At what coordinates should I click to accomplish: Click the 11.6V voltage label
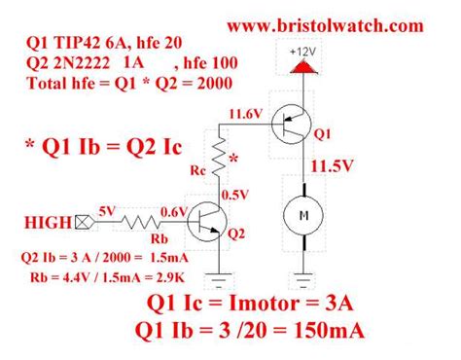click(246, 114)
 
